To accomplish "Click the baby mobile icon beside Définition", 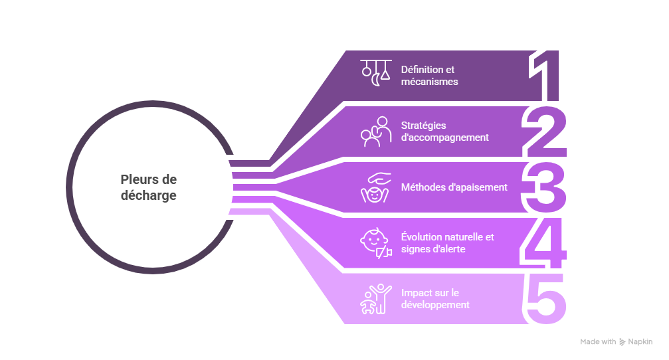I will coord(375,74).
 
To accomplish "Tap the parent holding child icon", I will coord(375,131).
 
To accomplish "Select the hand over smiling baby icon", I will coord(375,187).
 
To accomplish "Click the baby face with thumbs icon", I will coord(375,243).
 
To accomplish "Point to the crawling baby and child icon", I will coord(375,299).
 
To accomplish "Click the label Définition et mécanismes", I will coord(429,76).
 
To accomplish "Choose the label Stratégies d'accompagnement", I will coord(444,132).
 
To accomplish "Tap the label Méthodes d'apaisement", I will coord(454,187).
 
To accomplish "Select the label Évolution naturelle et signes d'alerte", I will coord(447,243).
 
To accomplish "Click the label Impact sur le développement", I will coord(435,299).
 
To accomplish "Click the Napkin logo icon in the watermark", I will coord(622,342).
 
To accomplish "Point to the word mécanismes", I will coord(429,82).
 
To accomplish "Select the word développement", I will coord(435,305).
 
